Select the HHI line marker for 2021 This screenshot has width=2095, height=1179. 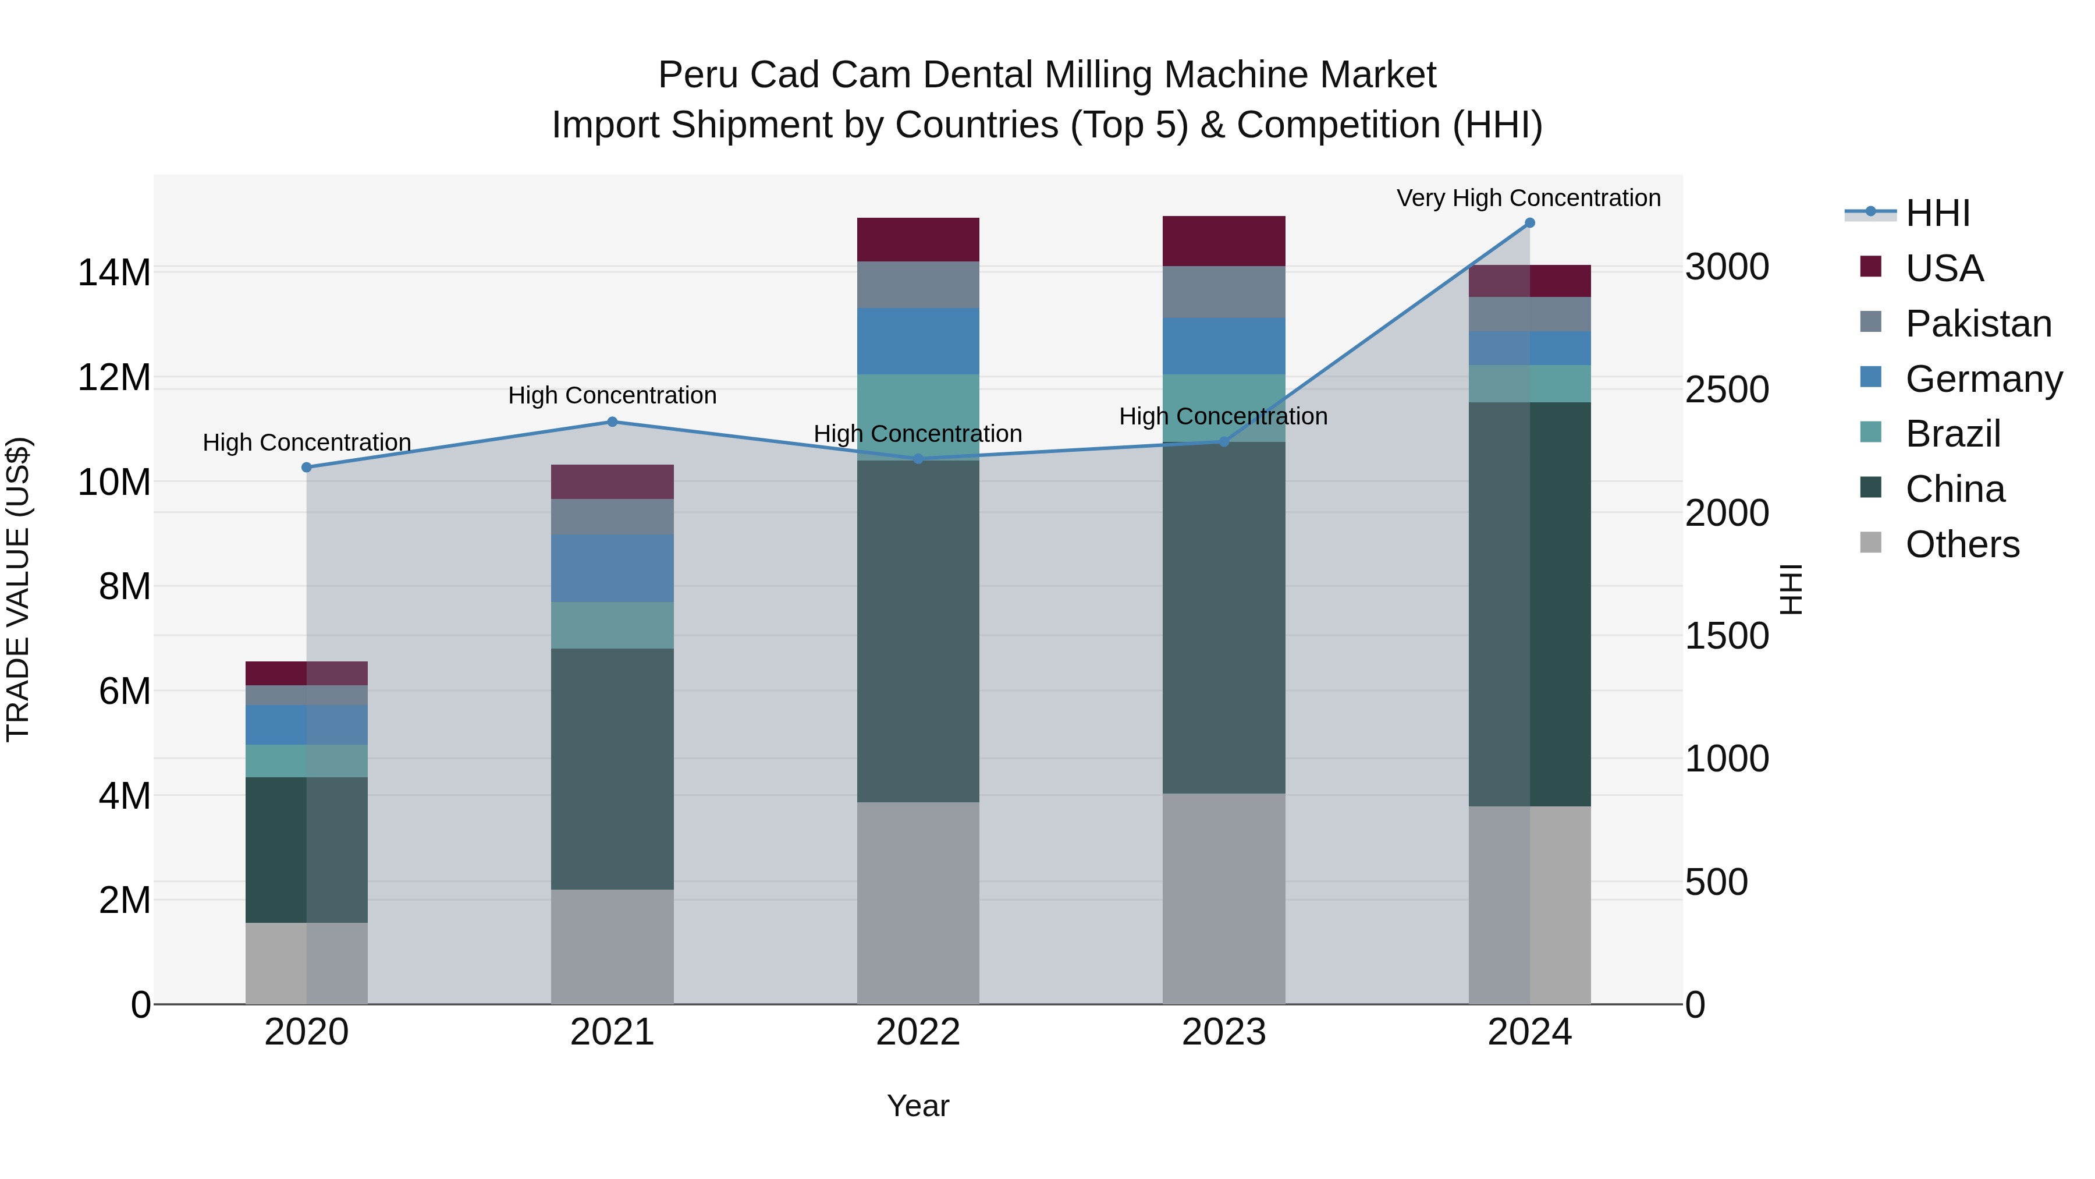612,422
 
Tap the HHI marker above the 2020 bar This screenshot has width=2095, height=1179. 307,467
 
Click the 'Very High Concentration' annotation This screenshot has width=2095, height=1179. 1528,198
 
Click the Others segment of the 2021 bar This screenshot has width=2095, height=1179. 612,946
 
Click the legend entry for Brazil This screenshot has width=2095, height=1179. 1952,434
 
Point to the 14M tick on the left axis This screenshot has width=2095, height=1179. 114,272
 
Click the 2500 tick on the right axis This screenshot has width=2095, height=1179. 1727,390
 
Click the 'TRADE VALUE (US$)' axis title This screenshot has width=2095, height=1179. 18,589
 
